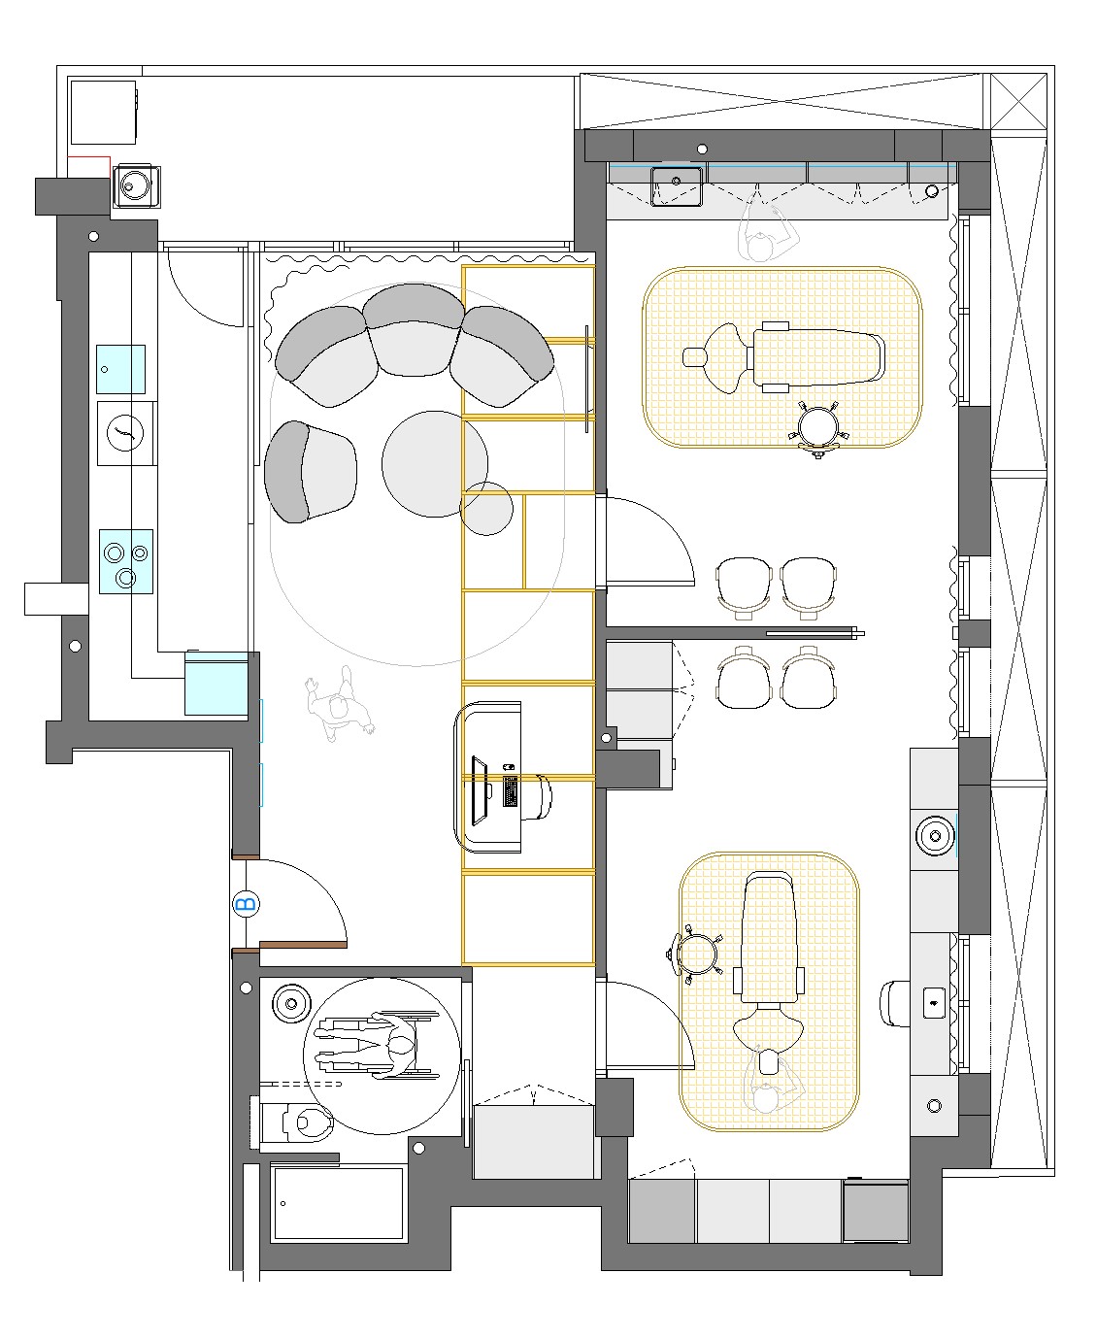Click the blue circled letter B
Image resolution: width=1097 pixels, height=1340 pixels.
(x=246, y=903)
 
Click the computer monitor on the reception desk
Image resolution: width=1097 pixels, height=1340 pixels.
(x=480, y=791)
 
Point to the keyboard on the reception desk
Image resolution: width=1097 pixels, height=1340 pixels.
(x=510, y=791)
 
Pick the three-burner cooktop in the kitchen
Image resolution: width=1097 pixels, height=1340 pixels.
(x=126, y=561)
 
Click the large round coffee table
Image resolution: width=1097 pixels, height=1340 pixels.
(x=435, y=464)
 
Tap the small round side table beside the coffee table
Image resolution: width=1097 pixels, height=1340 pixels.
(x=486, y=508)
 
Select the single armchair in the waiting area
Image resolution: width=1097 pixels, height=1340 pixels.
(x=310, y=472)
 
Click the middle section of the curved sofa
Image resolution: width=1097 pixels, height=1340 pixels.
(x=414, y=330)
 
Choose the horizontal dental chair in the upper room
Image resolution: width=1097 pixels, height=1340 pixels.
(x=783, y=357)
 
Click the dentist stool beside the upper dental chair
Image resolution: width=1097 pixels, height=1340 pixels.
(x=818, y=428)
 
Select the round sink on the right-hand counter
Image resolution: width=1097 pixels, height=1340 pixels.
(x=934, y=835)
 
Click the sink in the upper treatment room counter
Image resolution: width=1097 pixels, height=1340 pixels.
(x=677, y=186)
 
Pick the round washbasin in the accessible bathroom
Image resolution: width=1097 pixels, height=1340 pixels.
(x=291, y=1004)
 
